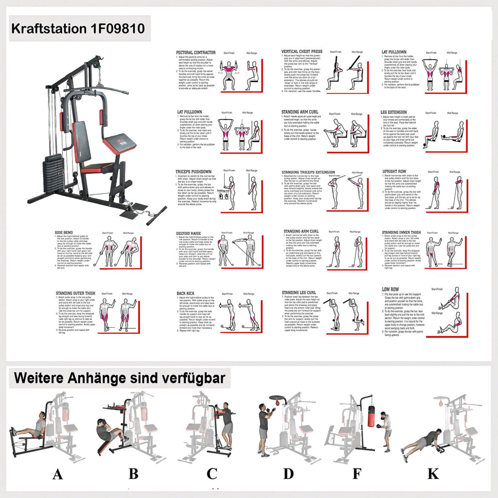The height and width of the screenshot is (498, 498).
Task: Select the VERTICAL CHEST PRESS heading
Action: [x=302, y=52]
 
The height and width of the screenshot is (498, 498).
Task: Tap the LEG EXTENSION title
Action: [x=393, y=112]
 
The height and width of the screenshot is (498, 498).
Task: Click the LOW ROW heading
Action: [x=391, y=289]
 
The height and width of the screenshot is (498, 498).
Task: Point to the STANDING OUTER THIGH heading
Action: [x=75, y=293]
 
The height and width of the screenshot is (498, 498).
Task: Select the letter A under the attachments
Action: [x=57, y=474]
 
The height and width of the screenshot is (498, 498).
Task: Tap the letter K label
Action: [x=433, y=474]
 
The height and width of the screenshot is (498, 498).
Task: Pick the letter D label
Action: [x=288, y=474]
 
